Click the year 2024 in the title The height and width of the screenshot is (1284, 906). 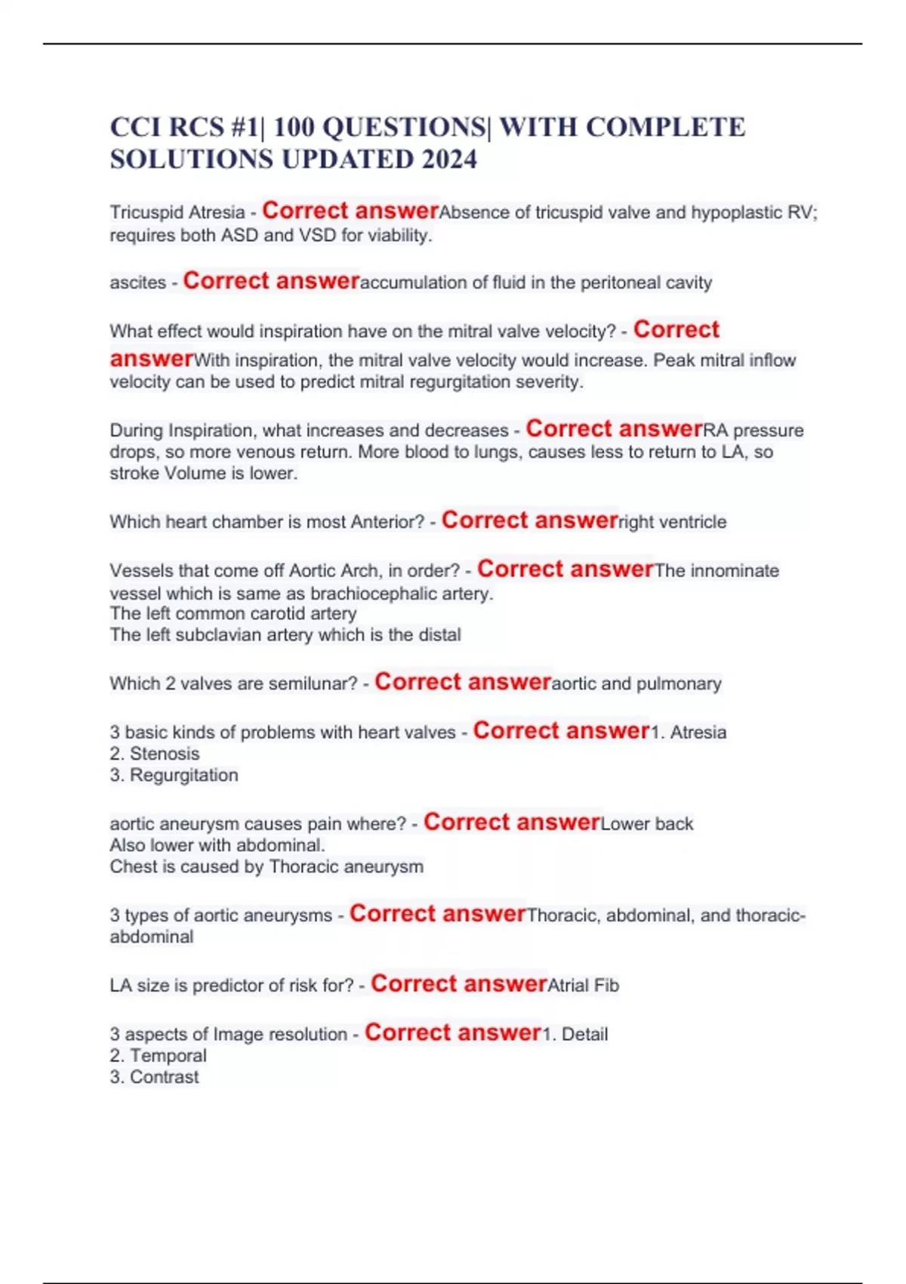449,159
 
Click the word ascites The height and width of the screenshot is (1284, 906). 137,283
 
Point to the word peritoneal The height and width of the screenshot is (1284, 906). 615,283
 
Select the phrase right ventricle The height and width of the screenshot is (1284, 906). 672,522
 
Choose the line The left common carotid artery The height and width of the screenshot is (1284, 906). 233,614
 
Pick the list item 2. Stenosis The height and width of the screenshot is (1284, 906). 155,754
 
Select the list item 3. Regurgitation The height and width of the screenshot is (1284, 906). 174,776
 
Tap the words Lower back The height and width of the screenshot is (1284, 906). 646,824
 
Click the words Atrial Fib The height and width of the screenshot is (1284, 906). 583,986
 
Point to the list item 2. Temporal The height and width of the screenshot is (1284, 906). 158,1056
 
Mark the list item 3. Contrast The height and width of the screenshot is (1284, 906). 154,1077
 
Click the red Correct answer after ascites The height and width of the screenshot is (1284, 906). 271,281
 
